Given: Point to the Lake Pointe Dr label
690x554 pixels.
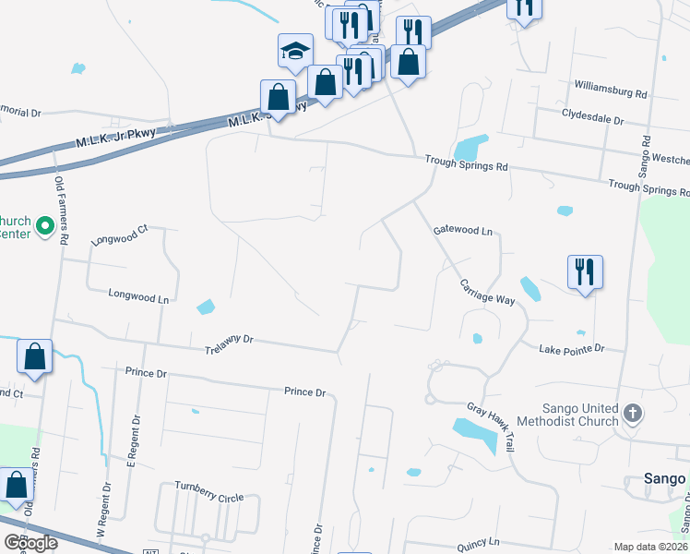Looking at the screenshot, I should (571, 349).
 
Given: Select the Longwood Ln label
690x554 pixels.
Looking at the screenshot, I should (139, 298).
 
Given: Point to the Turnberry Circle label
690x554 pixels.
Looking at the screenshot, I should (209, 498).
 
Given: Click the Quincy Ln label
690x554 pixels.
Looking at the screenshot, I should (477, 542).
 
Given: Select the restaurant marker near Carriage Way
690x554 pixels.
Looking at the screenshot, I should (585, 271).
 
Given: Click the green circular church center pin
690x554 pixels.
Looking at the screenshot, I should (43, 224).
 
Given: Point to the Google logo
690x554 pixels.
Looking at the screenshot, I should (31, 543).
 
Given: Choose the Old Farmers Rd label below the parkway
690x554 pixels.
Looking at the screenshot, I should (62, 211).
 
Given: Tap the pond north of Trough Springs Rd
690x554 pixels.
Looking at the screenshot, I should (470, 147).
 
